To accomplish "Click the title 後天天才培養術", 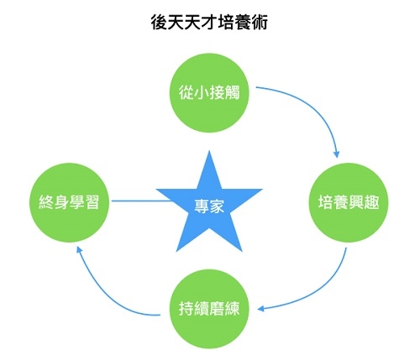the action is pyautogui.click(x=209, y=22).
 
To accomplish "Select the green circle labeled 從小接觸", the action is pyautogui.click(x=209, y=93).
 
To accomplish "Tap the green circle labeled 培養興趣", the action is pyautogui.click(x=349, y=202).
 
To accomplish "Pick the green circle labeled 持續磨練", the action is pyautogui.click(x=209, y=309).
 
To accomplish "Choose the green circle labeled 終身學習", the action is pyautogui.click(x=69, y=202).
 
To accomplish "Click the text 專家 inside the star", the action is pyautogui.click(x=209, y=206).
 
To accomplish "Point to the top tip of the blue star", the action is pyautogui.click(x=209, y=151).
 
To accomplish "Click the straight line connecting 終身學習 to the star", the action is pyautogui.click(x=141, y=201).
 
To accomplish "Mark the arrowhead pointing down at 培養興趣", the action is pyautogui.click(x=336, y=154).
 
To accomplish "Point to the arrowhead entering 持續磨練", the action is pyautogui.click(x=260, y=309).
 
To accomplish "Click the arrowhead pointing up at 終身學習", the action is pyautogui.click(x=79, y=250).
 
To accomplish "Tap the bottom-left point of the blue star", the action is pyautogui.click(x=176, y=252).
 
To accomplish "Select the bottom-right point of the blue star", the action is pyautogui.click(x=242, y=252).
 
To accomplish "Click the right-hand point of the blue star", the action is pyautogui.click(x=262, y=190).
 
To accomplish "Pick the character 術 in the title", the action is pyautogui.click(x=259, y=22).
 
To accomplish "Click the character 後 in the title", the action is pyautogui.click(x=159, y=22).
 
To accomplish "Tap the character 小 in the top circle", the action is pyautogui.click(x=202, y=93).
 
